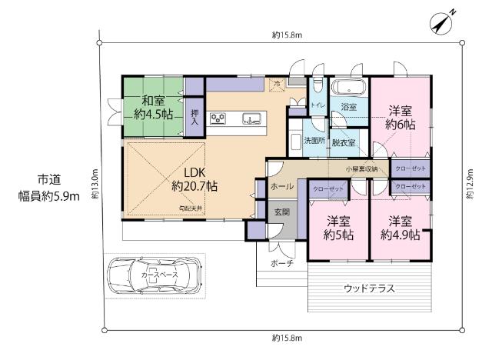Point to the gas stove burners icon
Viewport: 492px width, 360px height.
point(219,118)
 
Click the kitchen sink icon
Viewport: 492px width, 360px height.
point(251,118)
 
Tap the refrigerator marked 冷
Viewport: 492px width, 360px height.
point(275,83)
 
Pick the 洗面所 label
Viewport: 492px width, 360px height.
point(313,142)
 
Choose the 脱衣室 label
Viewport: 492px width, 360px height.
point(343,142)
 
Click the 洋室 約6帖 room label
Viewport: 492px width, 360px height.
point(401,116)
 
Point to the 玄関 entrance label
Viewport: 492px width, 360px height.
point(281,212)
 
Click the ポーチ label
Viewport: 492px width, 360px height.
point(281,262)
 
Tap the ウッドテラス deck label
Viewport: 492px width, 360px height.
point(369,289)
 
